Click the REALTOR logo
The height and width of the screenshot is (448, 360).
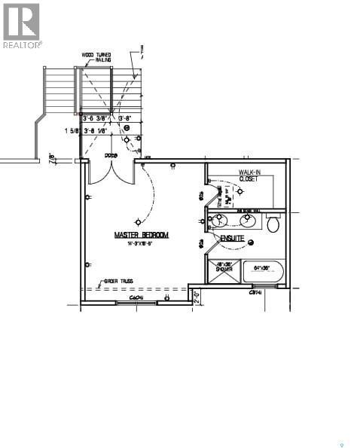point(22,26)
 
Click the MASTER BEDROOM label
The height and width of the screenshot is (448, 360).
point(141,235)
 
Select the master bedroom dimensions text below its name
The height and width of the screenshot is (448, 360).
point(141,243)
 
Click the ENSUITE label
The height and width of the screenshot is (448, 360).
point(233,239)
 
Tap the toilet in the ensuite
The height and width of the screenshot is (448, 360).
point(273,224)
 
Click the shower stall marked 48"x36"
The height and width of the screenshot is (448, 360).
point(224,272)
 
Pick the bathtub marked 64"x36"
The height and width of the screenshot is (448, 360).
point(264,272)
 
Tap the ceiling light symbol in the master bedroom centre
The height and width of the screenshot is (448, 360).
point(137,221)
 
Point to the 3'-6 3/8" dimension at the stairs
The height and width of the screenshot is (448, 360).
point(93,118)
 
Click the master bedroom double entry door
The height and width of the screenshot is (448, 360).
point(109,172)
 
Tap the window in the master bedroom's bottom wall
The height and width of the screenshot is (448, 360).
point(136,302)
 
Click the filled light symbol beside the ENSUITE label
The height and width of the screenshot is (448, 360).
point(251,242)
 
